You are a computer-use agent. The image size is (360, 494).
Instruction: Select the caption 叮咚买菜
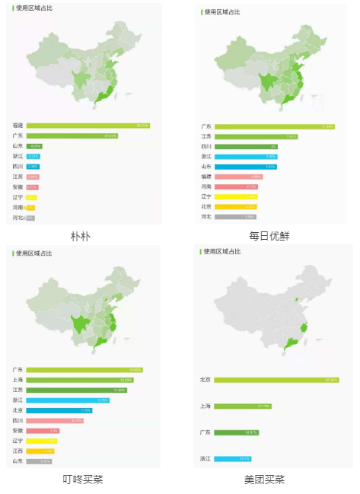point(82,480)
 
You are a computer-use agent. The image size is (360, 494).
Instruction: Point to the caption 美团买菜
point(265,480)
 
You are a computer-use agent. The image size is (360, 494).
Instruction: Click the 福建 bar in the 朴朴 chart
point(88,125)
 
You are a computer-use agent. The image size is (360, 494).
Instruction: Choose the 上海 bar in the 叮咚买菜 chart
point(79,380)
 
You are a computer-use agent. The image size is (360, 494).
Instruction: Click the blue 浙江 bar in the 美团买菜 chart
point(233,459)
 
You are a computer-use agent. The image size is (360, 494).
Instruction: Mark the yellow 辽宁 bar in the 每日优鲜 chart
point(236,196)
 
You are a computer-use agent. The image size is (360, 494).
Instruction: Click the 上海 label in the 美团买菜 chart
point(205,406)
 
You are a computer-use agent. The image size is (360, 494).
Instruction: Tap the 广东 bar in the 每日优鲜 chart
point(275,126)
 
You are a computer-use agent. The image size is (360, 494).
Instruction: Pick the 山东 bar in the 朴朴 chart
point(34,145)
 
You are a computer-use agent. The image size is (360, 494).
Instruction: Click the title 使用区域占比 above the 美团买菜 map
point(223,251)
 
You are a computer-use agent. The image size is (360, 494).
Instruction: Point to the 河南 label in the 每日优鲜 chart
point(205,186)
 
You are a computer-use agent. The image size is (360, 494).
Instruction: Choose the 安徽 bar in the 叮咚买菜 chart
point(43,430)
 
